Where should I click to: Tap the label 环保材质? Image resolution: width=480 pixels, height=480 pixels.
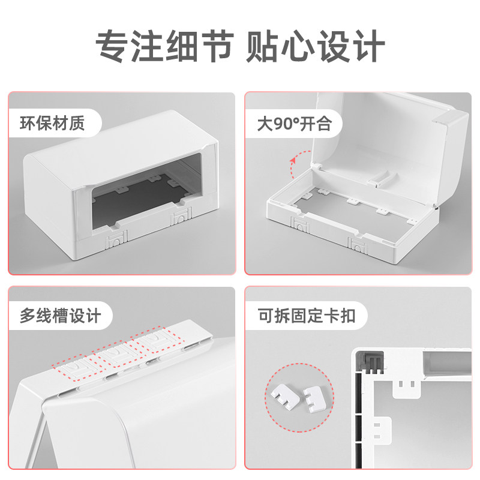[53, 124]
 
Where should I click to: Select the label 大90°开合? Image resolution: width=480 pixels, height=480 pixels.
[294, 124]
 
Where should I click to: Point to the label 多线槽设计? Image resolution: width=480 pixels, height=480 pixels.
[61, 316]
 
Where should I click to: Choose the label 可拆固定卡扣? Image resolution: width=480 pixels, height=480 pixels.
[304, 316]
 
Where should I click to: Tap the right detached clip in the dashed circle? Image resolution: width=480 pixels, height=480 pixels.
[312, 398]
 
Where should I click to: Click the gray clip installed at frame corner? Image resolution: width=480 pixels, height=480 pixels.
[369, 363]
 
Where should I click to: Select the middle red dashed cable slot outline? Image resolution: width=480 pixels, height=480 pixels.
[118, 355]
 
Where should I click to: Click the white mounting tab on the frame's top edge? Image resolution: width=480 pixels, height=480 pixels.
[406, 389]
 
